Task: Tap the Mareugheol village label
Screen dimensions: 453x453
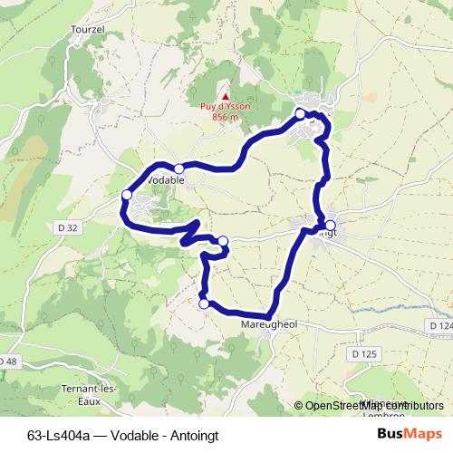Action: click(x=270, y=323)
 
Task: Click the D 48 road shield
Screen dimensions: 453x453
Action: click(x=7, y=361)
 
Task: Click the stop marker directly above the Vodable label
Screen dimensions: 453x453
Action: click(x=179, y=169)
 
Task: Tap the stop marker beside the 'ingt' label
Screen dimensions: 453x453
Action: click(x=330, y=226)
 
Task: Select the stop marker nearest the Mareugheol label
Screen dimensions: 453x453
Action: click(x=205, y=304)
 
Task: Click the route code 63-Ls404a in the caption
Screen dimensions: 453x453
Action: click(x=58, y=435)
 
